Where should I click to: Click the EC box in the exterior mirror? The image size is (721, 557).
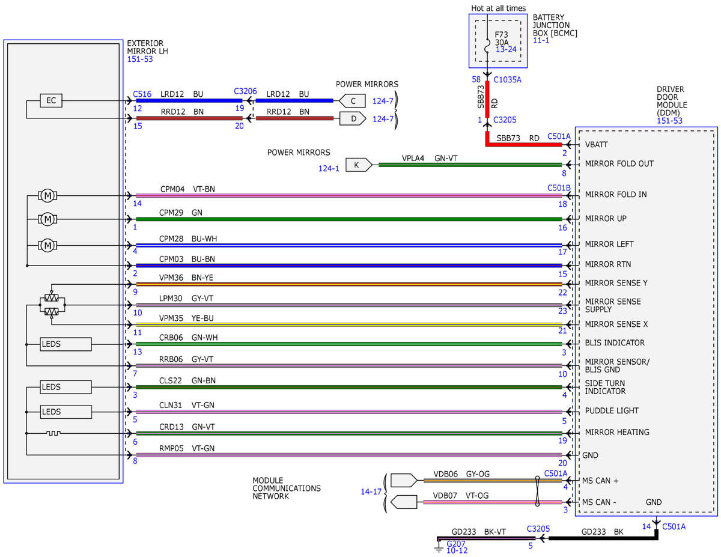click(50, 100)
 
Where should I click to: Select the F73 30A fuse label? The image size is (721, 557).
click(501, 38)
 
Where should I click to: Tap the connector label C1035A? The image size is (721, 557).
click(507, 80)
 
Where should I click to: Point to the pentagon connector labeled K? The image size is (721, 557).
click(358, 165)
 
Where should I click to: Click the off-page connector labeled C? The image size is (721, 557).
click(352, 101)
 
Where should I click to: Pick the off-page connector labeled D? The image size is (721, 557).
click(353, 118)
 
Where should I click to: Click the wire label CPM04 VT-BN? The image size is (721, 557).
click(187, 189)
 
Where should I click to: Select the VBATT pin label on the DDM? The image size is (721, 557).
click(596, 145)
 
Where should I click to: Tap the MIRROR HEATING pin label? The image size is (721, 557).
click(617, 432)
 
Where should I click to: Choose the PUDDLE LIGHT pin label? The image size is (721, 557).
click(612, 410)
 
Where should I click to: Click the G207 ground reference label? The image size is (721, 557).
click(455, 544)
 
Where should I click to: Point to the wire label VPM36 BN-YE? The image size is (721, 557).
click(186, 278)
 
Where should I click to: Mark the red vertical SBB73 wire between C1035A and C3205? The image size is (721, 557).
click(487, 99)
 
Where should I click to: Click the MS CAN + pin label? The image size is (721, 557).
click(600, 480)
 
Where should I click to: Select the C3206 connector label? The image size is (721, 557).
click(245, 91)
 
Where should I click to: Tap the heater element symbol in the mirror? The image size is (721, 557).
click(53, 433)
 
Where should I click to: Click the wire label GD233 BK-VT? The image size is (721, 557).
click(478, 532)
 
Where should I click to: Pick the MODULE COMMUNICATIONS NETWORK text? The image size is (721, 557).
click(287, 488)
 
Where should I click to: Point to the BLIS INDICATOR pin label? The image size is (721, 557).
click(615, 342)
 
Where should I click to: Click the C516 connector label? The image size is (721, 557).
click(142, 94)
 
